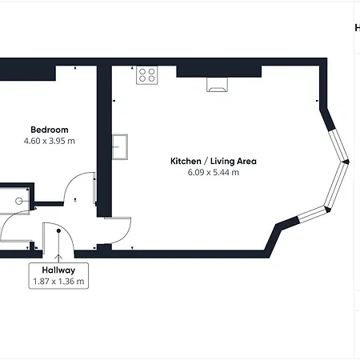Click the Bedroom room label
tap(49, 130)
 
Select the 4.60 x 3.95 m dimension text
tap(49, 141)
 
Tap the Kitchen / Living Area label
tap(207, 161)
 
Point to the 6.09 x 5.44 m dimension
tap(207, 172)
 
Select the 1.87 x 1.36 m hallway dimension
tap(58, 282)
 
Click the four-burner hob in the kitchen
tap(146, 75)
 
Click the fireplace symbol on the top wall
tap(217, 84)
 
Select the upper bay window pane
tap(333, 134)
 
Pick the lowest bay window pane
tap(313, 213)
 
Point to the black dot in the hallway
tap(58, 232)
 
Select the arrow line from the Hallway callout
tap(58, 247)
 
